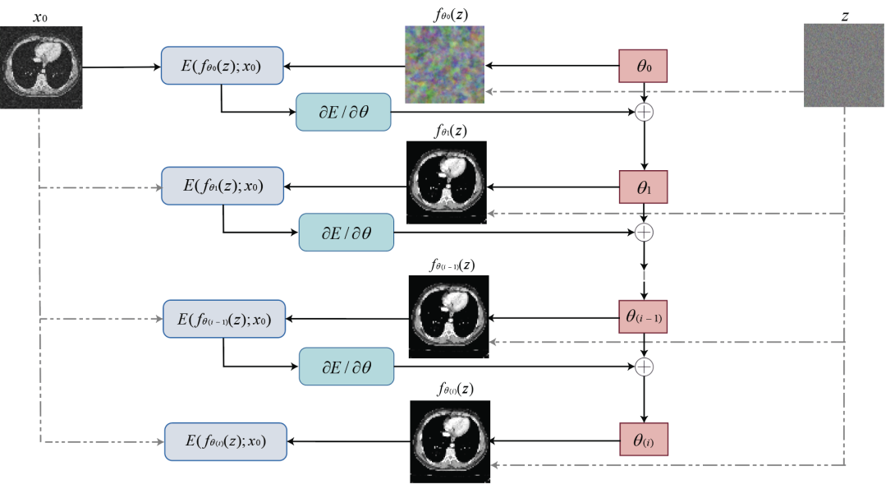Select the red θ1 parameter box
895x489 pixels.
645,187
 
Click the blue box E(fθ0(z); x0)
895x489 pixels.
222,66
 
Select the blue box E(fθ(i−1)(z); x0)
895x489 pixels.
224,317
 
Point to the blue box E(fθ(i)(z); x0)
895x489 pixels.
226,441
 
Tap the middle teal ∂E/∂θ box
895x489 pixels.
347,233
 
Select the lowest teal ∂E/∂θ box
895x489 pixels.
347,366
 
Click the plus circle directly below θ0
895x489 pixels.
643,111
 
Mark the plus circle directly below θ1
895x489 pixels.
645,233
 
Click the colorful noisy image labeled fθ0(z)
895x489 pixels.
443,64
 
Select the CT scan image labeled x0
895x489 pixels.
41,67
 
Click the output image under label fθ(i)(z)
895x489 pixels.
449,441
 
